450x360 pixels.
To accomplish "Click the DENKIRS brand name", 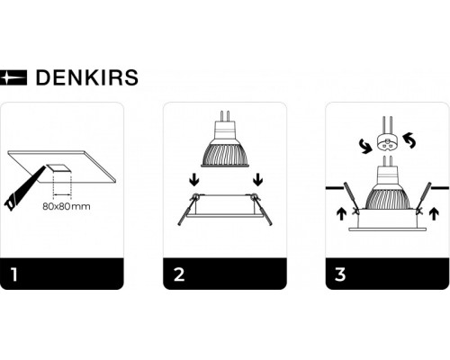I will [86, 77].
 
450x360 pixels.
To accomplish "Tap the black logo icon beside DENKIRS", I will [15, 77].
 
